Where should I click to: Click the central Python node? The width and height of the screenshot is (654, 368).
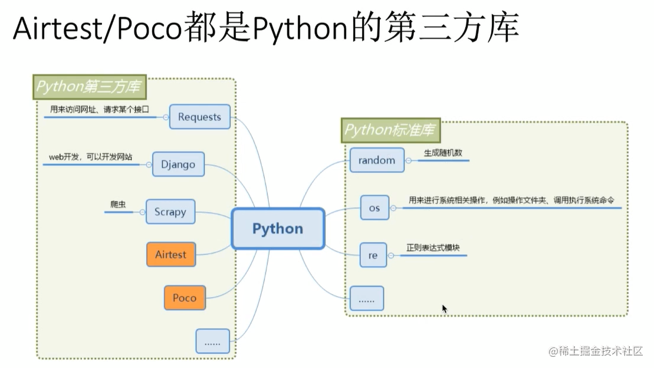(x=278, y=228)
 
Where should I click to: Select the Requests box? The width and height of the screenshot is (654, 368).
(x=199, y=117)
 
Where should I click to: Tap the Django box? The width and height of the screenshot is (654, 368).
(x=178, y=164)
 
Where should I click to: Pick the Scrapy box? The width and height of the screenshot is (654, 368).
(x=170, y=212)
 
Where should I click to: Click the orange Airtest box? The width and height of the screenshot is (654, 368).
(x=170, y=255)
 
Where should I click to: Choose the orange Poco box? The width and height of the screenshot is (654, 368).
(x=184, y=298)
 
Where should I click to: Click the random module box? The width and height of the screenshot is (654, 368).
(x=377, y=160)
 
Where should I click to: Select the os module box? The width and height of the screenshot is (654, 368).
(x=374, y=208)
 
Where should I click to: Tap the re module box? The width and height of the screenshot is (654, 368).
(x=373, y=255)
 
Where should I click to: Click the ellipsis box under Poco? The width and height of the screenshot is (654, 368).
(x=212, y=341)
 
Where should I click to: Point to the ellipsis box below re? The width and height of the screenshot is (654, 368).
(x=366, y=299)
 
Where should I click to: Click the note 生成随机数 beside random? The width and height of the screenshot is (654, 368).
(x=442, y=153)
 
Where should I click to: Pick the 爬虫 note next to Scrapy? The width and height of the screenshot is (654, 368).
(x=118, y=204)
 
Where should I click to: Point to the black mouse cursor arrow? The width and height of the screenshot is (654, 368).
(x=444, y=308)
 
